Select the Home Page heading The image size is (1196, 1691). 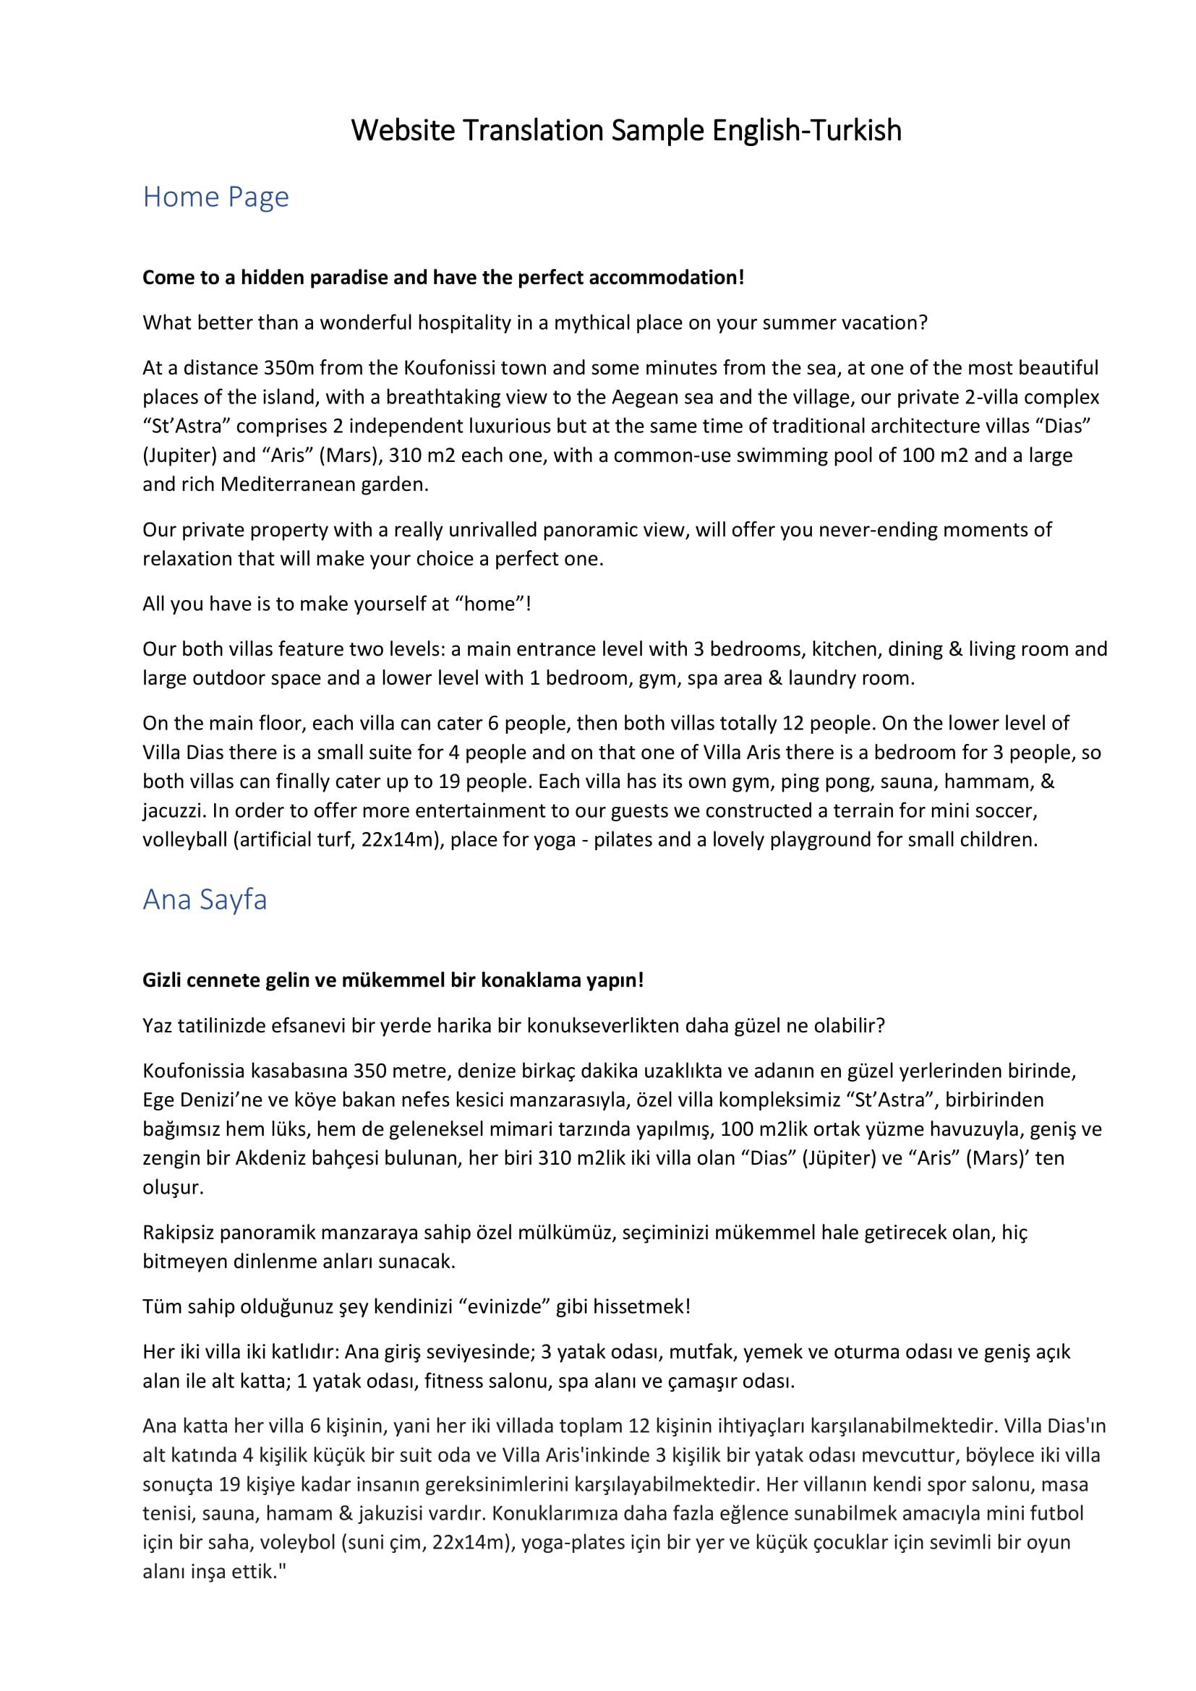click(215, 197)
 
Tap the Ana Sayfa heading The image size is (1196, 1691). click(205, 900)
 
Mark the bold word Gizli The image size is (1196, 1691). click(162, 980)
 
